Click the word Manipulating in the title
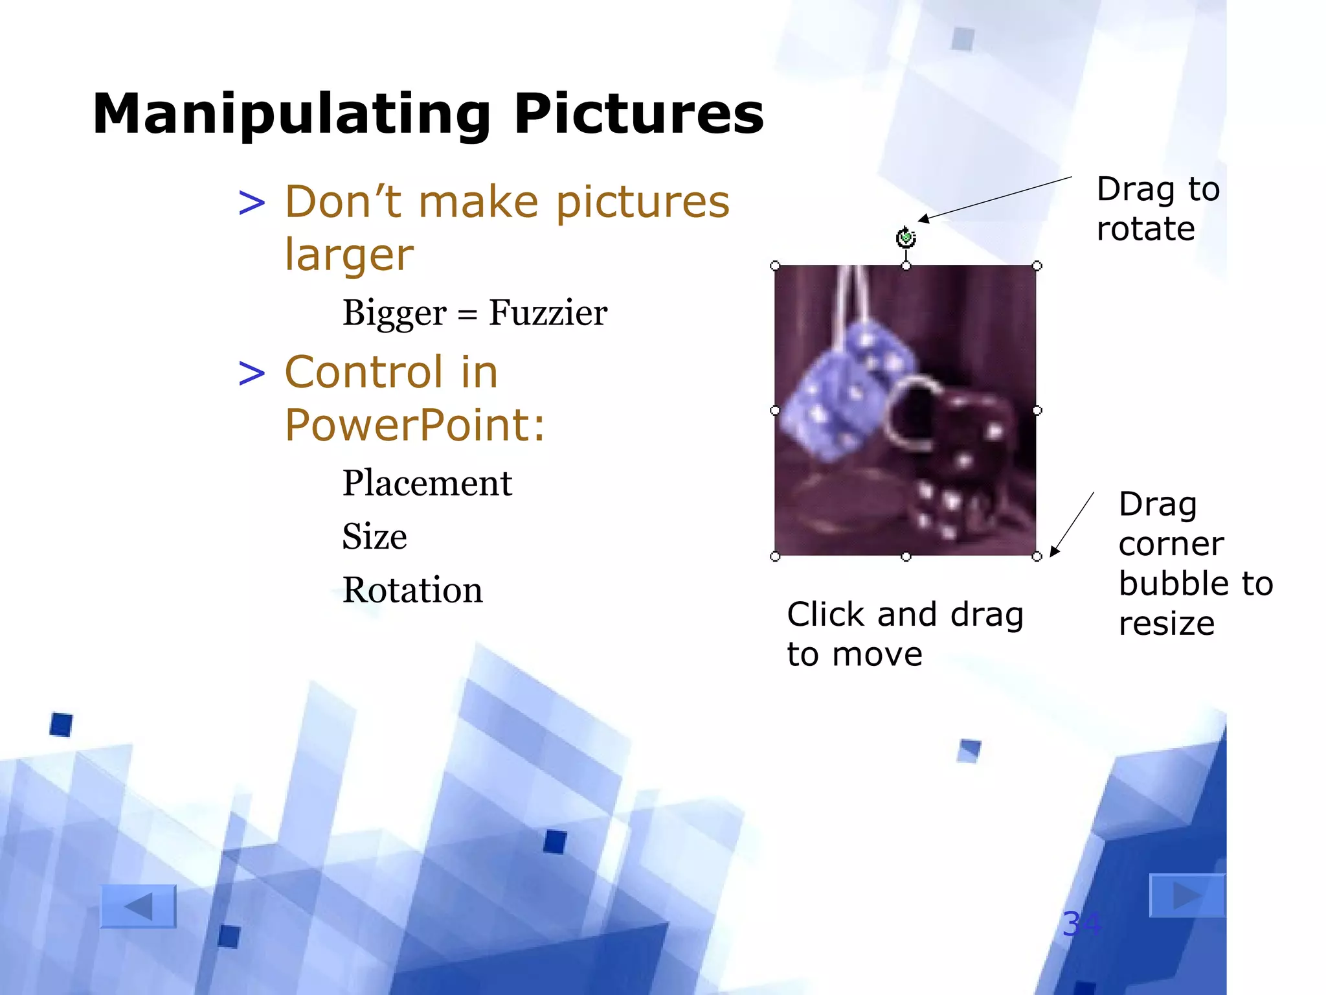pos(291,115)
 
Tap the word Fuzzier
pos(548,314)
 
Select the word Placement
pos(427,483)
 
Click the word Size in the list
pos(374,537)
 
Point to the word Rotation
pos(412,590)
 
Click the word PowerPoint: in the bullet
pos(415,426)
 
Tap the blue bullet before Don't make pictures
pos(252,203)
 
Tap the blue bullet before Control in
pos(252,374)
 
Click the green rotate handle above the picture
pos(906,238)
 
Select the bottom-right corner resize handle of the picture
pos(1037,556)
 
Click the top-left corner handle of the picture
pos(775,266)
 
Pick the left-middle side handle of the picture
pos(775,411)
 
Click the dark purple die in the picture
pos(958,466)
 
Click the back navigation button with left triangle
pos(139,906)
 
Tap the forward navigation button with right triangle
pos(1186,896)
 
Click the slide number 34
pos(1081,924)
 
